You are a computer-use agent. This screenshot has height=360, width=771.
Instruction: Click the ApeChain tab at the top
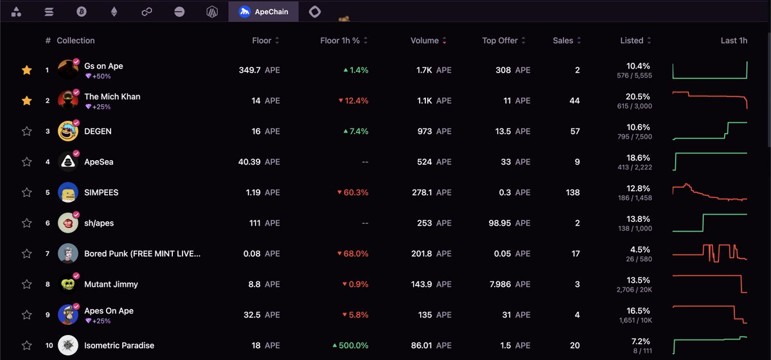[x=263, y=12]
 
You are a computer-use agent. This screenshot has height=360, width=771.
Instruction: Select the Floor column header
[x=261, y=40]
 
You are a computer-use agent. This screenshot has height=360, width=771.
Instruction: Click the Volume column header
[x=425, y=40]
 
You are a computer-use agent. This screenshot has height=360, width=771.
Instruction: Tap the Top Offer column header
[x=500, y=40]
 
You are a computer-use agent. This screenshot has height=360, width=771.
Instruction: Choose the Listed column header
[x=632, y=40]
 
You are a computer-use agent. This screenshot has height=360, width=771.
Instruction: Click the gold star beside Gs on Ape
[x=26, y=70]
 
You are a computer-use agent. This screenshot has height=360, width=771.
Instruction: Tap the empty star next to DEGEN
[x=26, y=131]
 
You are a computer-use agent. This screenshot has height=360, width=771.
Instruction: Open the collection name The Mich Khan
[x=112, y=96]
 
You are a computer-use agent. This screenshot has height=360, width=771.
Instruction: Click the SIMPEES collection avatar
[x=68, y=192]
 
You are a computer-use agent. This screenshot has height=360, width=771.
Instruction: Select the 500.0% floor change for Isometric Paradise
[x=350, y=345]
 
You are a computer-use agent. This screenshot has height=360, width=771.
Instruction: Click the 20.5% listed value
[x=638, y=96]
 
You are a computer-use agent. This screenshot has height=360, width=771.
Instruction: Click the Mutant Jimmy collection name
[x=111, y=284]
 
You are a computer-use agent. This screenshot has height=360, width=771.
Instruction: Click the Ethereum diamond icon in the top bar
[x=114, y=12]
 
